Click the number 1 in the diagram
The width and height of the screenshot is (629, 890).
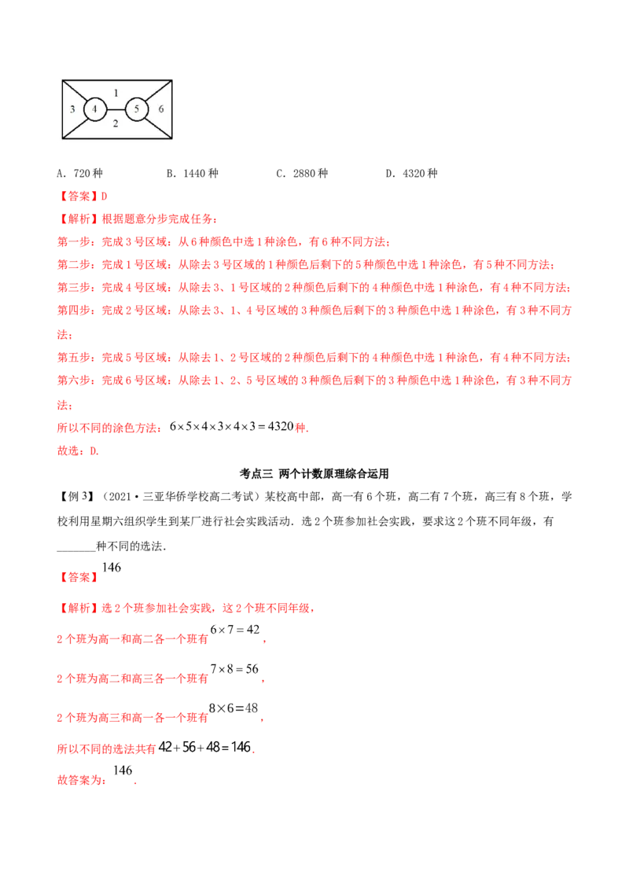pos(116,92)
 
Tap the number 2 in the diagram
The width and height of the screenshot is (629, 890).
pos(116,123)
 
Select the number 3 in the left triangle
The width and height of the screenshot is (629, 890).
pos(72,109)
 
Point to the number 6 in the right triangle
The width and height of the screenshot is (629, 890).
pos(160,109)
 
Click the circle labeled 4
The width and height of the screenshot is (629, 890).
pos(95,109)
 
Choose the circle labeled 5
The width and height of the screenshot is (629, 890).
pos(137,109)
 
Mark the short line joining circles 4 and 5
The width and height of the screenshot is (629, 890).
pos(116,109)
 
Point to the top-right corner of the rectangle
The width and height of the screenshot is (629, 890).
pos(172,79)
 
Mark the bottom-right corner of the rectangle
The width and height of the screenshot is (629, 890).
pos(172,140)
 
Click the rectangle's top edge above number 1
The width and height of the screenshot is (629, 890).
pos(116,79)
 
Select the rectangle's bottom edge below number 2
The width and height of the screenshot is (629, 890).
pos(116,140)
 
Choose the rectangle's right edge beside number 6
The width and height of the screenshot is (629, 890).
pos(172,109)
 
